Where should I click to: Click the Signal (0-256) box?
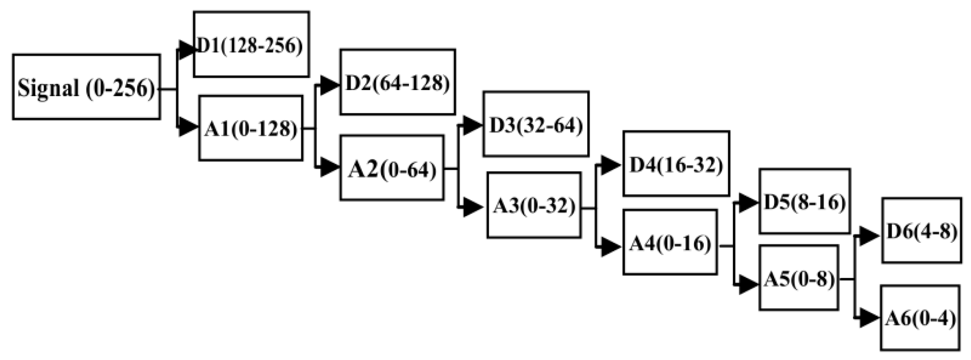[86, 87]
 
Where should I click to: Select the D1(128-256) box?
[251, 44]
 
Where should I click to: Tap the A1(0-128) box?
[251, 128]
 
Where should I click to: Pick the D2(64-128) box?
[397, 82]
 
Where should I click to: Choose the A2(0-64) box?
[391, 168]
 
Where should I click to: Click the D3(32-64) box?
[536, 124]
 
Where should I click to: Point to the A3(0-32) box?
[534, 205]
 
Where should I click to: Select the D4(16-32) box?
[676, 164]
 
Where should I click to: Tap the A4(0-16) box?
[670, 242]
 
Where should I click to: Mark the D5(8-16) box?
[805, 201]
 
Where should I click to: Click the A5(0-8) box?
[798, 278]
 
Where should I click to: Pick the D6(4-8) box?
[921, 230]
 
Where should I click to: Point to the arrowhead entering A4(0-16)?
[611, 246]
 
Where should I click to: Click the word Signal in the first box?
[48, 88]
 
